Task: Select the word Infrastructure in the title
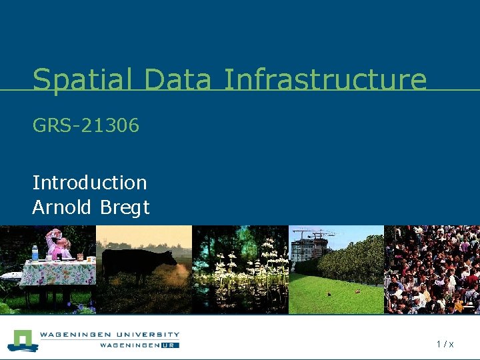click(x=325, y=80)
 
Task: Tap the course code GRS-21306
click(x=86, y=125)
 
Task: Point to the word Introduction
click(x=89, y=182)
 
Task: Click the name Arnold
click(x=63, y=207)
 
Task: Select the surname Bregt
click(x=125, y=208)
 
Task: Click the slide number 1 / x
click(x=445, y=344)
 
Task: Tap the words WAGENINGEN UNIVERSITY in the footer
click(x=109, y=335)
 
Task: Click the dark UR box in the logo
click(x=169, y=345)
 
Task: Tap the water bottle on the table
click(x=35, y=253)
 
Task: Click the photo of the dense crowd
click(x=432, y=269)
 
